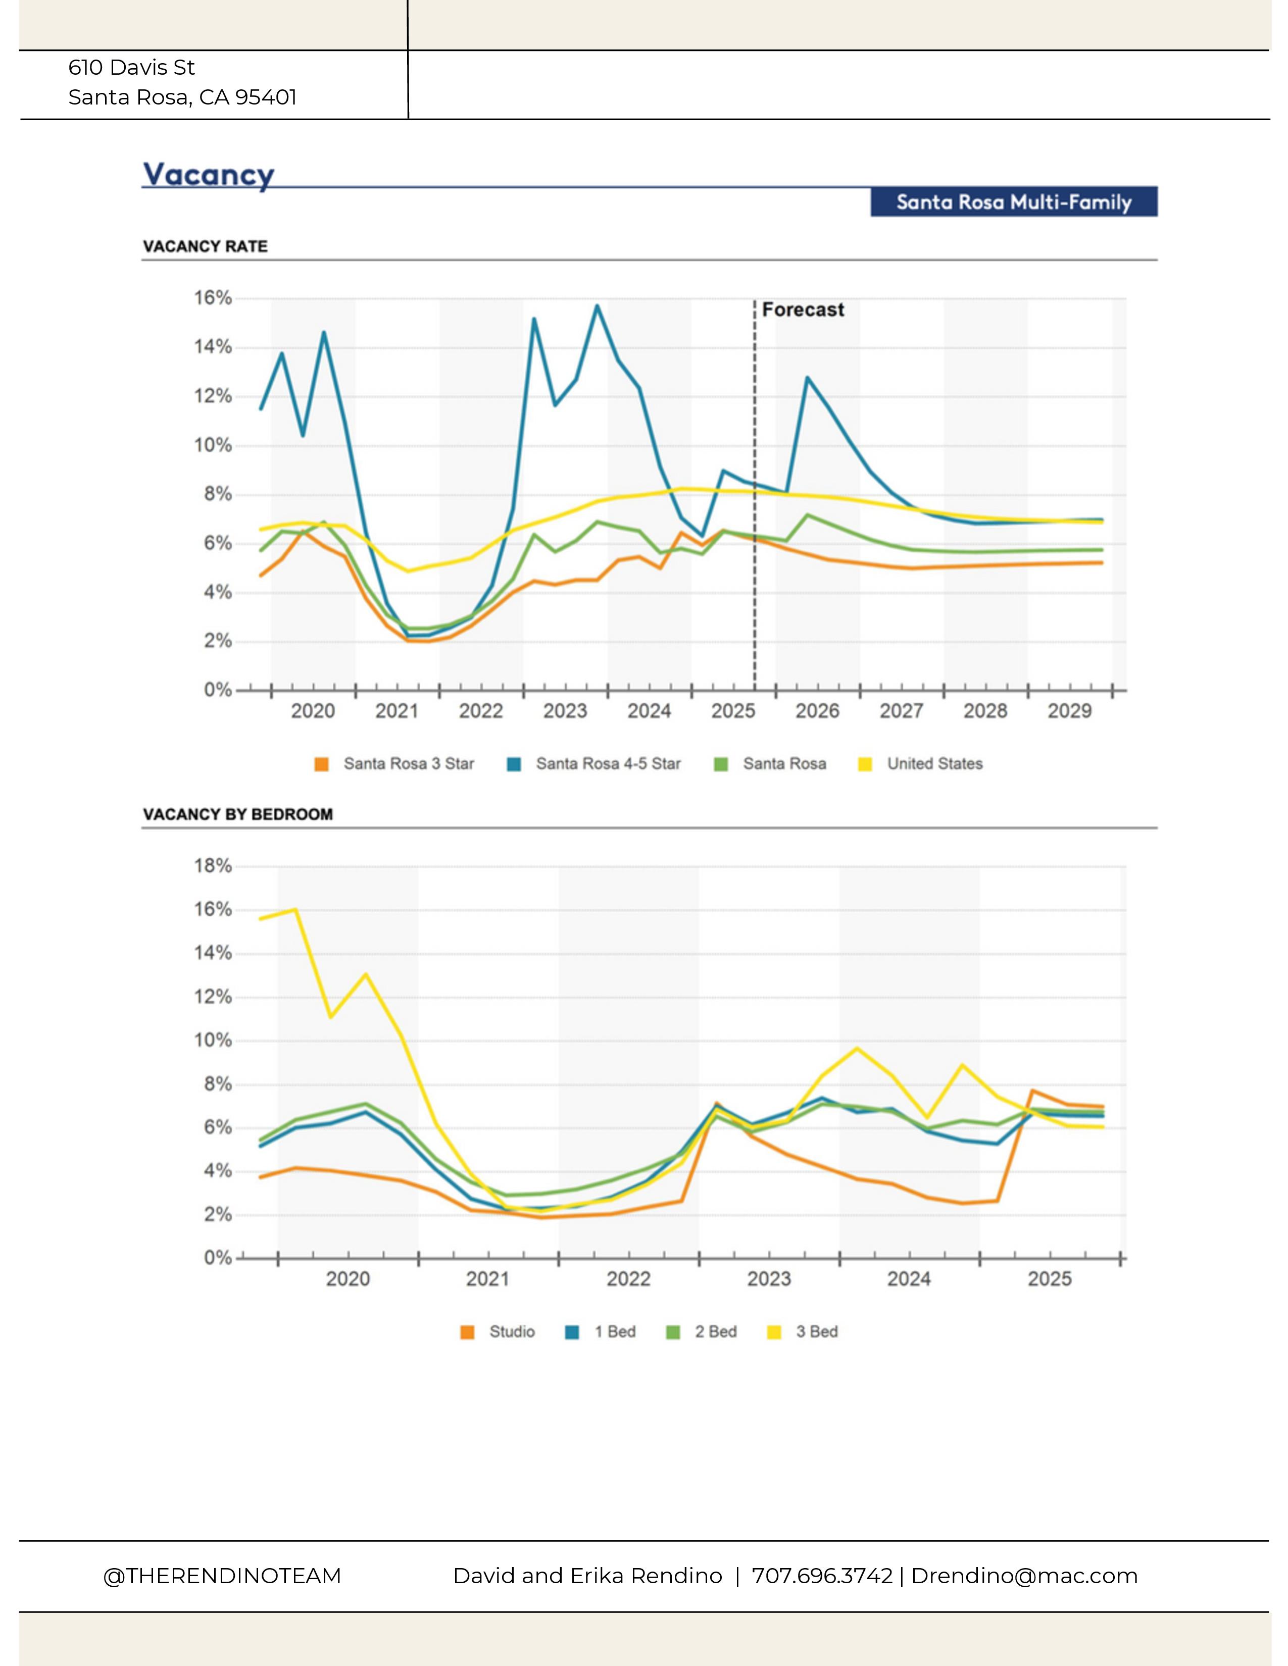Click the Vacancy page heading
pyautogui.click(x=208, y=175)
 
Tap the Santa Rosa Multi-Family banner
pyautogui.click(x=1013, y=202)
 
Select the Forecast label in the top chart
pyautogui.click(x=803, y=309)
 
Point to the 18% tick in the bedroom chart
pyautogui.click(x=213, y=866)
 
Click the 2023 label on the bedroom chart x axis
pyautogui.click(x=768, y=1279)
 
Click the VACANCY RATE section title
pyautogui.click(x=205, y=246)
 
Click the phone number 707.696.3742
pyautogui.click(x=822, y=1576)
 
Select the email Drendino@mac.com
pyautogui.click(x=1024, y=1576)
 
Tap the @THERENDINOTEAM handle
pyautogui.click(x=222, y=1576)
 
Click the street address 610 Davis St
pyautogui.click(x=131, y=68)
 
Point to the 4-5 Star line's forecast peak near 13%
pyautogui.click(x=807, y=378)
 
